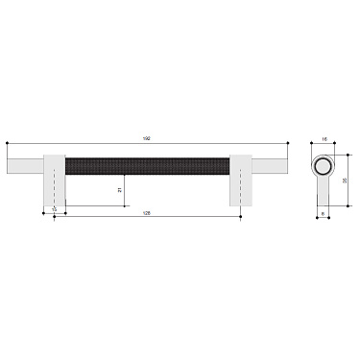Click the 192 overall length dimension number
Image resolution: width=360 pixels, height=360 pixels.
147,138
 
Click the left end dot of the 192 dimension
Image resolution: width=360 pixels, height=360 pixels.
7,144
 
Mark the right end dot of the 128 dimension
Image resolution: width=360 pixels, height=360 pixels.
240,217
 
